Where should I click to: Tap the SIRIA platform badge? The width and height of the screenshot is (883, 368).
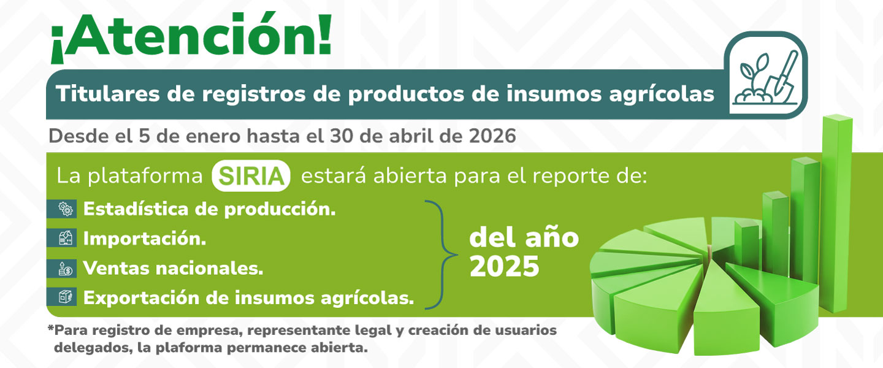pyautogui.click(x=250, y=176)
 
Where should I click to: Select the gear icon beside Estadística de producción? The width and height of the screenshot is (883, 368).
pyautogui.click(x=65, y=209)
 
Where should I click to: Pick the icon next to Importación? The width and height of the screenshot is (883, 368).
pyautogui.click(x=65, y=239)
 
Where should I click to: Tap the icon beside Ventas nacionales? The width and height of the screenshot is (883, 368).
pyautogui.click(x=65, y=268)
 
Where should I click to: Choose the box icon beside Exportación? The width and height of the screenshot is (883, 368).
pyautogui.click(x=65, y=297)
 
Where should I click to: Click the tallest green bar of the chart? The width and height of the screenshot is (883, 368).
pyautogui.click(x=836, y=209)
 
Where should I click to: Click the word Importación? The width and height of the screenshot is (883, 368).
pyautogui.click(x=145, y=239)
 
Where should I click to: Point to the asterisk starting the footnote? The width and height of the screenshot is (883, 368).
pyautogui.click(x=50, y=329)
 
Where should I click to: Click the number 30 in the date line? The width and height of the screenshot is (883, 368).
pyautogui.click(x=340, y=136)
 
